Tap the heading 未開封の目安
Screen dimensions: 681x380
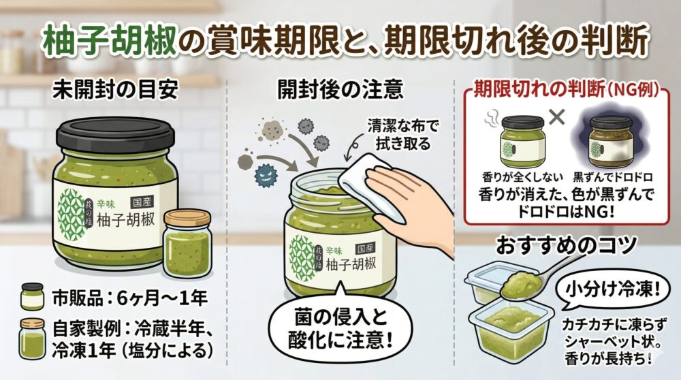pos(116,91)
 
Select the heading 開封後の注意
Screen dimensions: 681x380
pos(340,90)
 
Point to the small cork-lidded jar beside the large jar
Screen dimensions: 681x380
pos(188,243)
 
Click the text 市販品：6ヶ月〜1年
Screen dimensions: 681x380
pos(130,298)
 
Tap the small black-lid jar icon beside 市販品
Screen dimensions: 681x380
pos(32,296)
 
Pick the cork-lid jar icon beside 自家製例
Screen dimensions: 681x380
pos(32,338)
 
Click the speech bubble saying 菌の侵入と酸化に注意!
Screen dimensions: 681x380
pos(340,328)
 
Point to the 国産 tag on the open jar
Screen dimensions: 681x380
pos(365,249)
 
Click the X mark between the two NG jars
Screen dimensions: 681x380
pos(557,116)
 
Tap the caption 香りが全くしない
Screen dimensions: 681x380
pos(522,177)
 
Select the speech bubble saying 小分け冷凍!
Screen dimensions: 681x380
pos(612,290)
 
